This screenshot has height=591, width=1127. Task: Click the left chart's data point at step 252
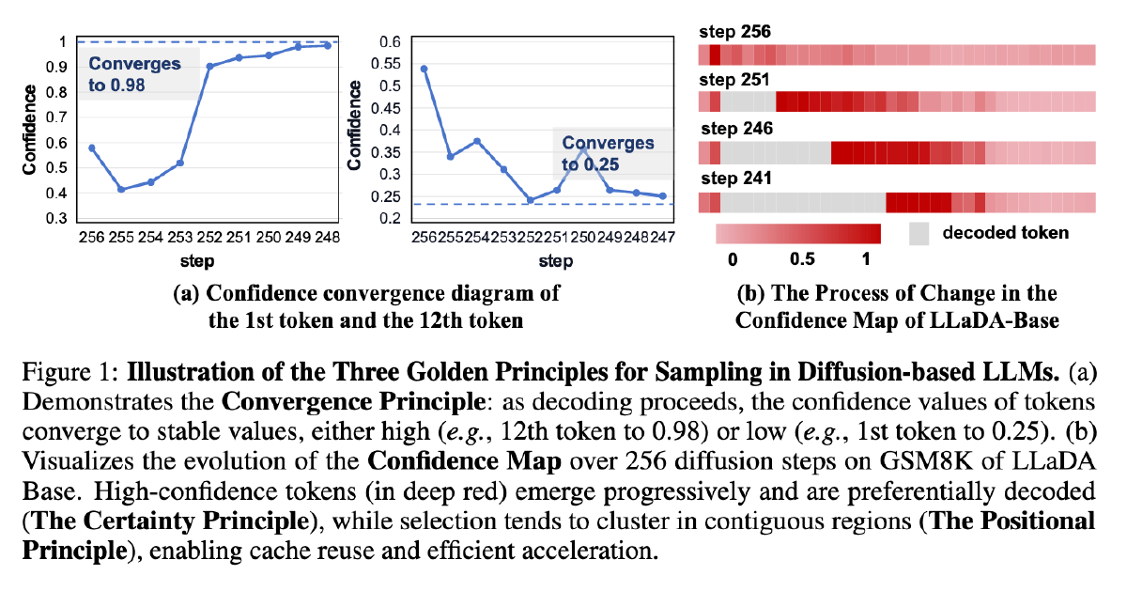pyautogui.click(x=209, y=67)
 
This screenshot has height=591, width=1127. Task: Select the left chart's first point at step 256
pyautogui.click(x=91, y=148)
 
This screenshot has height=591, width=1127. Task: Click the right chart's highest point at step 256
pyautogui.click(x=425, y=69)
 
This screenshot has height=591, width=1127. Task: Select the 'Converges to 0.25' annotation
pyautogui.click(x=608, y=153)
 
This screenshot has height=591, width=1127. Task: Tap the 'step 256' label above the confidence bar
pyautogui.click(x=735, y=32)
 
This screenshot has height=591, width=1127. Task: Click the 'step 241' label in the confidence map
pyautogui.click(x=734, y=179)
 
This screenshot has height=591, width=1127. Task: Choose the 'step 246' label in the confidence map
pyautogui.click(x=735, y=130)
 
